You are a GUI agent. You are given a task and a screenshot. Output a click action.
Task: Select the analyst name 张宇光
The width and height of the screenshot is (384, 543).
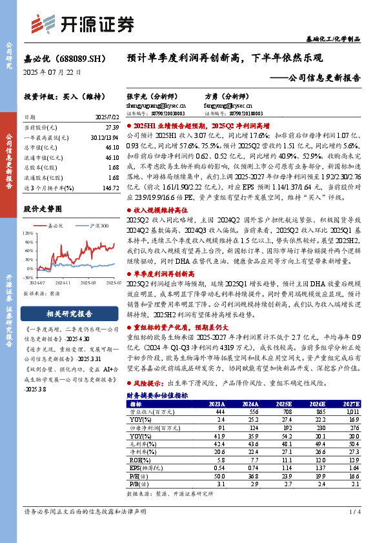pyautogui.click(x=136, y=95)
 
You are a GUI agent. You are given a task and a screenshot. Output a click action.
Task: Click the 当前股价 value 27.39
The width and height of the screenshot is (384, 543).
pyautogui.click(x=111, y=128)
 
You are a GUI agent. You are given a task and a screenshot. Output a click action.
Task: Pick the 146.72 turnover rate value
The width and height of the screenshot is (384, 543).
pyautogui.click(x=109, y=187)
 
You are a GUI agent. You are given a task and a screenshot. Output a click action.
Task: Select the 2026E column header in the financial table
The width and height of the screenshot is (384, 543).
pyautogui.click(x=318, y=385)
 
